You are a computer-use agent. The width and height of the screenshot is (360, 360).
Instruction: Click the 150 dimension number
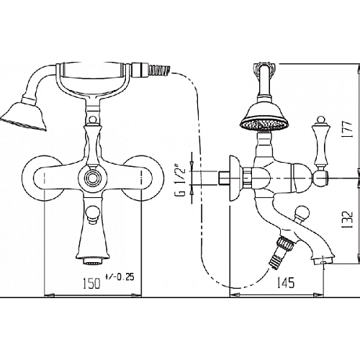coord(91,283)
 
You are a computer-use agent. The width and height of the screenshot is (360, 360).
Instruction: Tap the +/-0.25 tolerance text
coord(120,277)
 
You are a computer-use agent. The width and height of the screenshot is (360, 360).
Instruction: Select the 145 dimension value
coord(286,282)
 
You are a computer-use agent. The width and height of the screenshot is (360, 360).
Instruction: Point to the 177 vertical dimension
coord(348,130)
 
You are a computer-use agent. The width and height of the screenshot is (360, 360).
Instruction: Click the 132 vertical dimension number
coord(348,220)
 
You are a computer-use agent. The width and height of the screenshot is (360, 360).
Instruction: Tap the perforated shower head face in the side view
coord(264,125)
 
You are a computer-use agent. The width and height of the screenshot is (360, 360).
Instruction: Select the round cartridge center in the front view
coord(92,178)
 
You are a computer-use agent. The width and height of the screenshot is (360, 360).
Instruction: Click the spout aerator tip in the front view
coord(93,261)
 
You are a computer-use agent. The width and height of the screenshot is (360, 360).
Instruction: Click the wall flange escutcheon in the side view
coord(235,178)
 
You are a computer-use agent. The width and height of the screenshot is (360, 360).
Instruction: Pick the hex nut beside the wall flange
coord(247,178)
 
